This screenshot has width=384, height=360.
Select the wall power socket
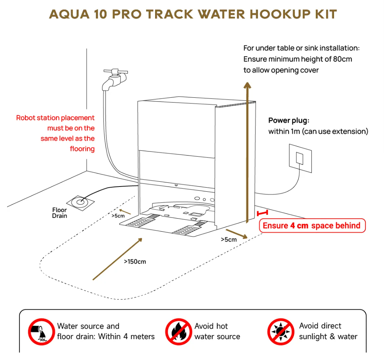click(x=300, y=158)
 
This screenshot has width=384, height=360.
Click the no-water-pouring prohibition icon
click(x=41, y=331)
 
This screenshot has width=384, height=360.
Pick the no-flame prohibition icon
click(x=179, y=331)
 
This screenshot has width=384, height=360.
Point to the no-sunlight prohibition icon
click(x=281, y=331)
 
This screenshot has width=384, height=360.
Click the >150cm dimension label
click(x=135, y=262)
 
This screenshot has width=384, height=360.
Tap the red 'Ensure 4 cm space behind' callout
click(x=312, y=226)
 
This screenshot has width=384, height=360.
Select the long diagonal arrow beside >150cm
click(x=117, y=258)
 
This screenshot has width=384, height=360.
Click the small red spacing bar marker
click(x=262, y=213)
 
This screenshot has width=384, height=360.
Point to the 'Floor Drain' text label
click(x=60, y=213)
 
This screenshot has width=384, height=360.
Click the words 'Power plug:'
click(x=289, y=120)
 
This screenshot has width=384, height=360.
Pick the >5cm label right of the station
click(x=229, y=240)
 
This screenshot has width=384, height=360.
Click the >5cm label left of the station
click(x=118, y=215)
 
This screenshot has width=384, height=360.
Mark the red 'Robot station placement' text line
click(x=55, y=118)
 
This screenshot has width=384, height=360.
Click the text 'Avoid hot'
click(x=211, y=326)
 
